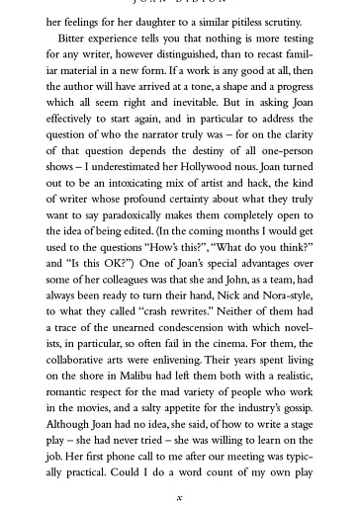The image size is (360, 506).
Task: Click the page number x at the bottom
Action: (x=179, y=498)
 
